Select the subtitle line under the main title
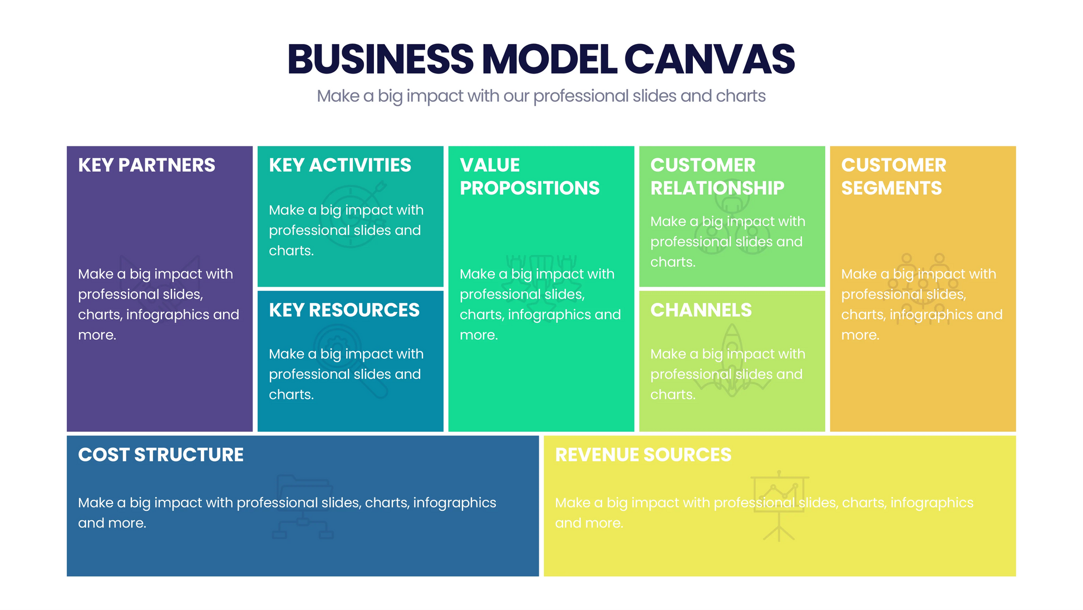pos(541,96)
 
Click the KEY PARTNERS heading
pos(146,165)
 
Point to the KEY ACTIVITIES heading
pos(339,165)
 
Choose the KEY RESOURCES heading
pos(344,310)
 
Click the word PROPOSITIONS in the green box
pos(529,188)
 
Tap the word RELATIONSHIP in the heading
pos(717,188)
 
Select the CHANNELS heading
pos(701,310)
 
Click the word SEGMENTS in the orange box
pos(891,188)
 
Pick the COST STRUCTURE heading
pos(161,455)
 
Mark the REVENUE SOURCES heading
pos(643,455)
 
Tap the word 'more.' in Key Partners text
pos(97,335)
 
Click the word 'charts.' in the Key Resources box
pos(291,395)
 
